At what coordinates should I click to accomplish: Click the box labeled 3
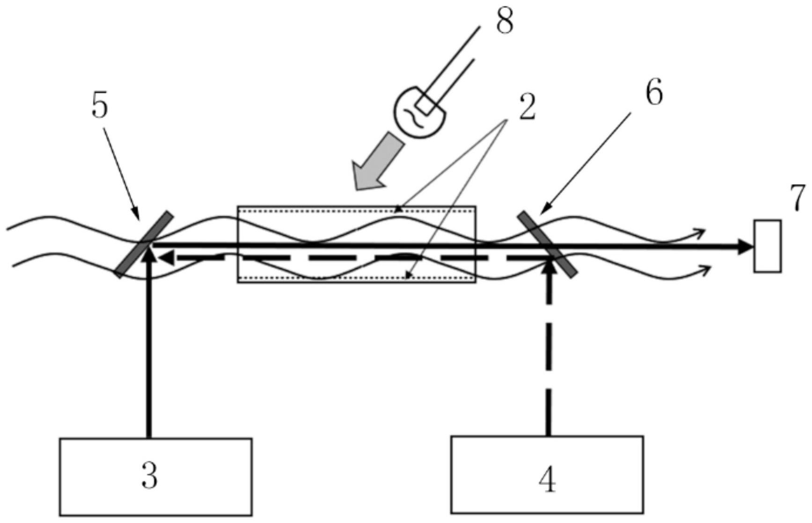(x=155, y=477)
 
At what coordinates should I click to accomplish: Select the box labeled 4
(x=547, y=474)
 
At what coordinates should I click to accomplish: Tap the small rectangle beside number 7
(x=767, y=246)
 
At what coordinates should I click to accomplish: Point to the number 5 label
(x=99, y=106)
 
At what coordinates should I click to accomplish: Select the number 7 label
(x=798, y=198)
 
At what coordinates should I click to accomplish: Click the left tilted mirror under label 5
(x=144, y=244)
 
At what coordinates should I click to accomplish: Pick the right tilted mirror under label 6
(x=546, y=244)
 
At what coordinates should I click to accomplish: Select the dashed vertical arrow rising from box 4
(x=549, y=347)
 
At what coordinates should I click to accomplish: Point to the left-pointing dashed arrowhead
(x=166, y=256)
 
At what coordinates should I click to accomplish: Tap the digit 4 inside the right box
(x=547, y=479)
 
